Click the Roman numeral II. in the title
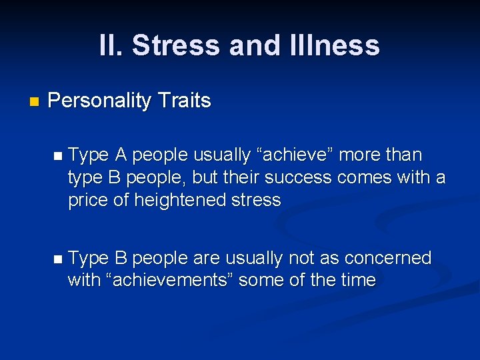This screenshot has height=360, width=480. click(x=111, y=46)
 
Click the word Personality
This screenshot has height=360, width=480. click(x=101, y=101)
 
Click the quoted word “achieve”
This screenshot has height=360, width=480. click(x=297, y=155)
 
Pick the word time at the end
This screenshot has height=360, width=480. click(x=357, y=280)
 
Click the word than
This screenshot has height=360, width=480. click(x=404, y=155)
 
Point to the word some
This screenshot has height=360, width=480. click(x=263, y=280)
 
